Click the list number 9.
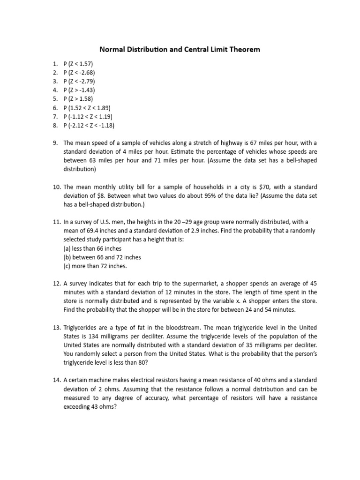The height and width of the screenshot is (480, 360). click(x=55, y=143)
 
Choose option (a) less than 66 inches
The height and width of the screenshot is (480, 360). click(x=92, y=248)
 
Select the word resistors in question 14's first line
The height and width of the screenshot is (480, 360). click(x=179, y=380)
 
